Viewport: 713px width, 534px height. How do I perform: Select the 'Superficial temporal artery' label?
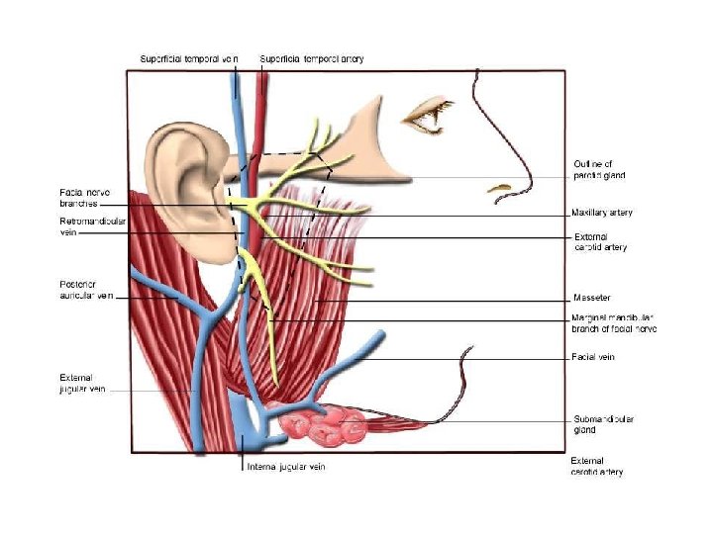(x=311, y=59)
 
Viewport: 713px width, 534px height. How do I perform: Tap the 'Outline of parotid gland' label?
(x=599, y=169)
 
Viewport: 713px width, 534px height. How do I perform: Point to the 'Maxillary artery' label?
(x=602, y=213)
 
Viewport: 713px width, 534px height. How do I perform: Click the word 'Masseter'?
(x=591, y=298)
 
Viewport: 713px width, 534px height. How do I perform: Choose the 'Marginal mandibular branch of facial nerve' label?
(x=614, y=322)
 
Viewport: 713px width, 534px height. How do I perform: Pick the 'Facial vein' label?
(x=593, y=357)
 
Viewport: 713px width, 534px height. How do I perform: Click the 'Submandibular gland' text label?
(x=604, y=424)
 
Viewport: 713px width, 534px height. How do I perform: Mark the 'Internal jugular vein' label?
(x=285, y=467)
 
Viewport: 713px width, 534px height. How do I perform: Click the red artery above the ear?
(x=260, y=109)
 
